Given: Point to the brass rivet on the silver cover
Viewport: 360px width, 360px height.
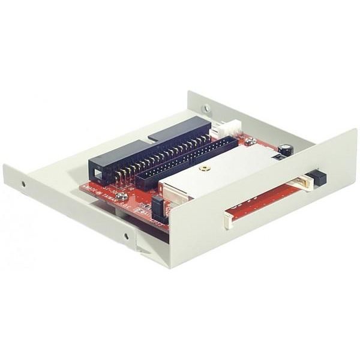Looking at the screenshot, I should tap(204, 170).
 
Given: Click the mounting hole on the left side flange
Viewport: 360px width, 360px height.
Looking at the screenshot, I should tap(23, 184).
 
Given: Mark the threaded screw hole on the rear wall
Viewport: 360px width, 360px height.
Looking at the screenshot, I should tap(206, 109).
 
